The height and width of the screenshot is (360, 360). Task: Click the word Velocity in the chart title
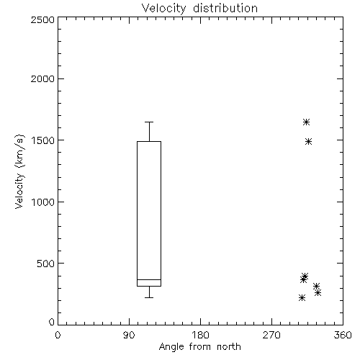coord(163,9)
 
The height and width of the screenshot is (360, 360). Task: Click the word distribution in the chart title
coord(225,8)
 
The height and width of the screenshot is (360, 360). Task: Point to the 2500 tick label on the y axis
coord(42,19)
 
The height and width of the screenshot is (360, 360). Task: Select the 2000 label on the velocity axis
coord(42,78)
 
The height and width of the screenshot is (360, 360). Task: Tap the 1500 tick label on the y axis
coord(43,140)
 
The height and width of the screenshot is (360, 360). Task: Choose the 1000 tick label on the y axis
coord(43,202)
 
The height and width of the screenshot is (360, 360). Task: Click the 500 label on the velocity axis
coord(46,264)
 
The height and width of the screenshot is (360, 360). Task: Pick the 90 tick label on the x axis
coord(129,335)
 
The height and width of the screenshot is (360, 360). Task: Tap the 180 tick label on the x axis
coord(200,335)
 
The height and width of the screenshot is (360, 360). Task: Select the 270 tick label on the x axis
coord(271,335)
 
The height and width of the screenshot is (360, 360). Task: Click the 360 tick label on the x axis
coord(343,335)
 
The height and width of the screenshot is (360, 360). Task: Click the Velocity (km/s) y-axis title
coord(19,171)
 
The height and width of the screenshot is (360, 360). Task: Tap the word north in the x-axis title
coord(229,346)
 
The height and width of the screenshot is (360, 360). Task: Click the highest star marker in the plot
coord(306,122)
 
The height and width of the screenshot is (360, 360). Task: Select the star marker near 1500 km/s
coord(309,142)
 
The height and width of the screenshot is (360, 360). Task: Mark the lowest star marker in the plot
coord(302,298)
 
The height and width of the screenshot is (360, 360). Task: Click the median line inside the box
coord(149,279)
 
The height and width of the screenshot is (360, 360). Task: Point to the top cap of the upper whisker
coord(149,122)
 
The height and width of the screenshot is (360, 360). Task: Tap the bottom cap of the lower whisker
coord(149,297)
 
